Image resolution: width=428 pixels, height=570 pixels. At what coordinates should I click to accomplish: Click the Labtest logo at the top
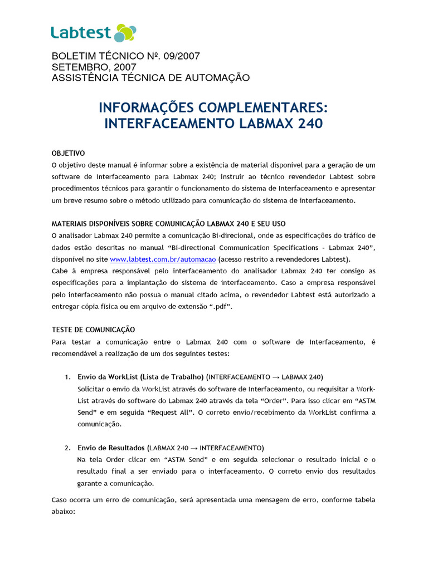(x=93, y=33)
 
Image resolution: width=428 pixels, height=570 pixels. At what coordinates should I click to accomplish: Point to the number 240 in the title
(x=310, y=123)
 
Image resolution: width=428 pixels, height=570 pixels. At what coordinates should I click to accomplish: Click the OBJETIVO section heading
(x=68, y=153)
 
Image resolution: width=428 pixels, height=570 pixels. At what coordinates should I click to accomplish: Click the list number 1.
(x=67, y=377)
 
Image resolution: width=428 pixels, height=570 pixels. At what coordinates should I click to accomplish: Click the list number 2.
(x=67, y=448)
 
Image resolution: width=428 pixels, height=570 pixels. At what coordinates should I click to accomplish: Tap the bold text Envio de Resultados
(x=111, y=448)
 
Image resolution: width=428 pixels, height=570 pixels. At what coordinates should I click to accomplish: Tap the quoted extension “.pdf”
(x=220, y=306)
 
